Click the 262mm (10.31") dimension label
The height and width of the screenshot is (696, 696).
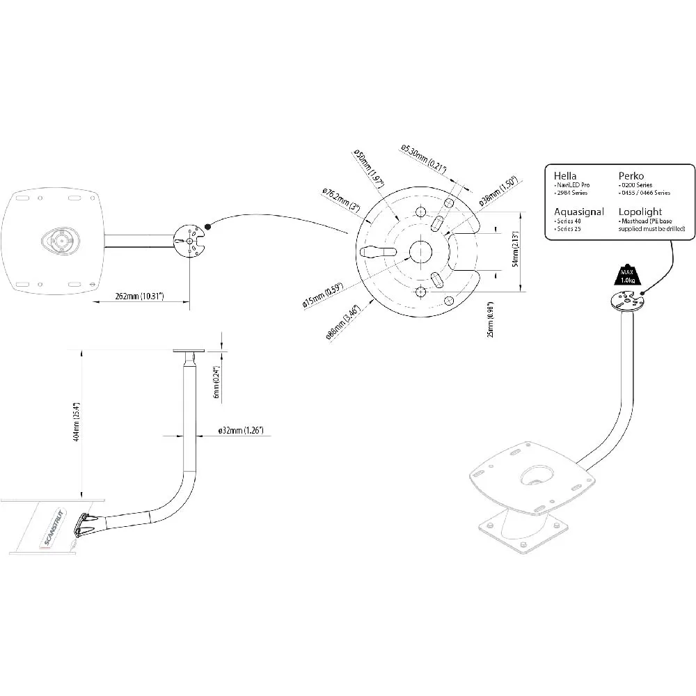coord(140,296)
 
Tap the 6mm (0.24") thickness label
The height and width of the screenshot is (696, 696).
coord(216,383)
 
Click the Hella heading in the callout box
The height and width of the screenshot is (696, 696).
coord(565,175)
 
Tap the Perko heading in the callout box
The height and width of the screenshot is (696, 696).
coord(631,175)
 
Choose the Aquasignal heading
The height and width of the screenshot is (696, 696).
coord(578,212)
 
